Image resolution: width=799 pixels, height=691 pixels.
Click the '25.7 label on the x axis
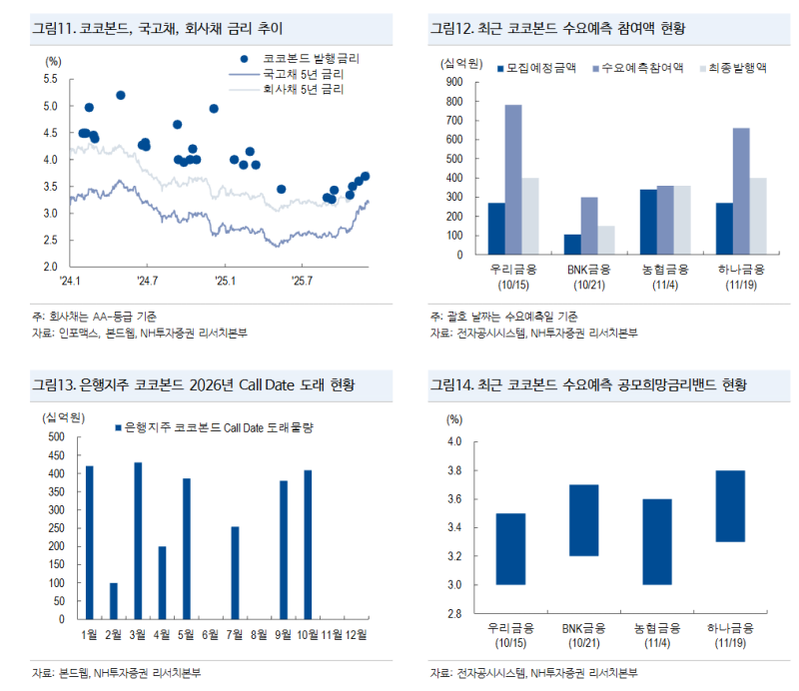click(302, 282)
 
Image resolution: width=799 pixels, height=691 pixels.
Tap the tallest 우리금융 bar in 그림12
click(513, 180)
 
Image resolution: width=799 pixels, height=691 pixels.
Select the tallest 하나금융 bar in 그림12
click(741, 191)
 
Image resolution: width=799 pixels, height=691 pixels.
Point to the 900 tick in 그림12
click(453, 82)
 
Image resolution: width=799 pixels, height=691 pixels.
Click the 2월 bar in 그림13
click(113, 600)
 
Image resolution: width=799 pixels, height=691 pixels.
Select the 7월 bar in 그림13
click(235, 573)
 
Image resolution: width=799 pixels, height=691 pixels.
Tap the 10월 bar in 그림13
click(308, 544)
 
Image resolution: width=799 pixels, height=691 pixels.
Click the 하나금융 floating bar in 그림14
click(731, 505)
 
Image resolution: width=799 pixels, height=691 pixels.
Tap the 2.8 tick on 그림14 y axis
click(455, 613)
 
